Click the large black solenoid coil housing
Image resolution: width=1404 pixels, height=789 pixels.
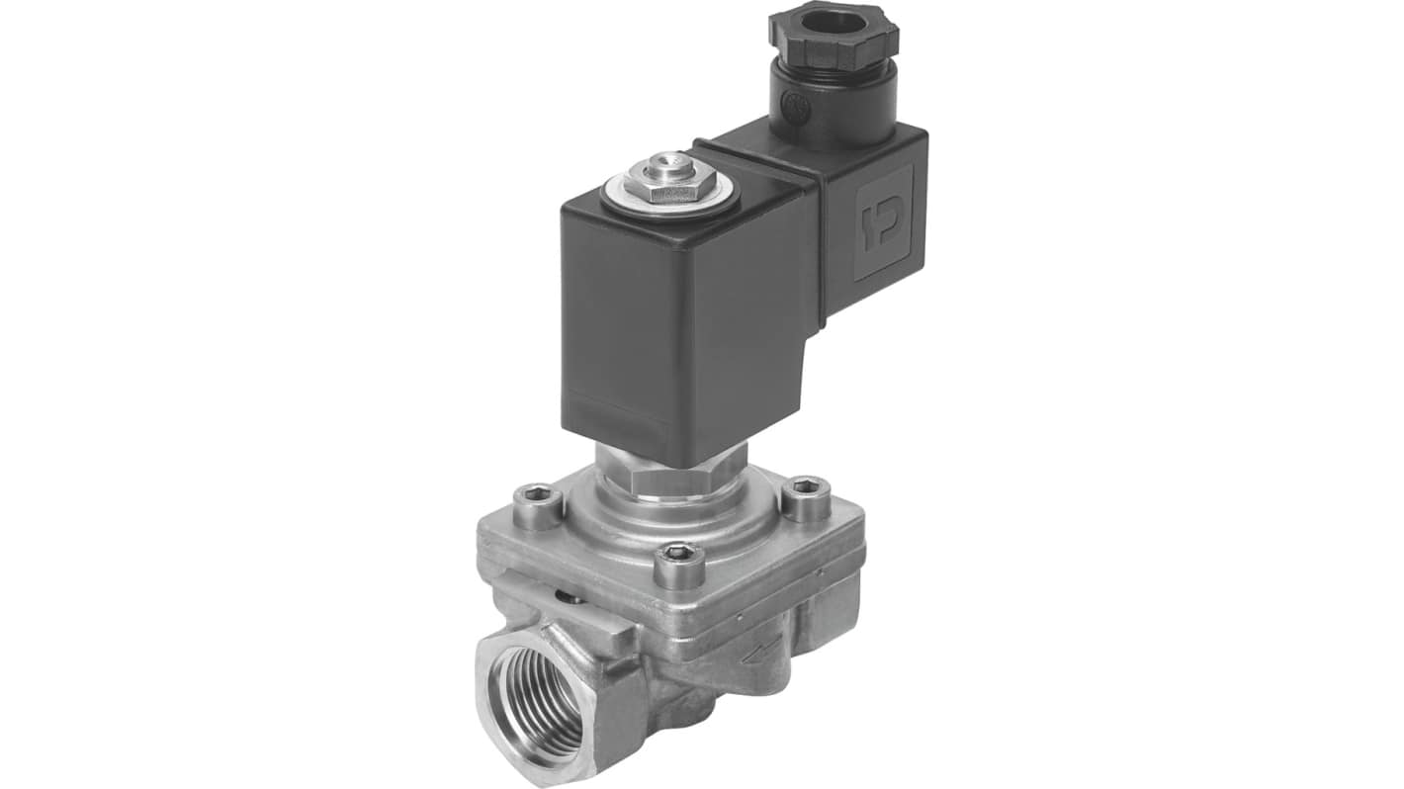(x=682, y=316)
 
